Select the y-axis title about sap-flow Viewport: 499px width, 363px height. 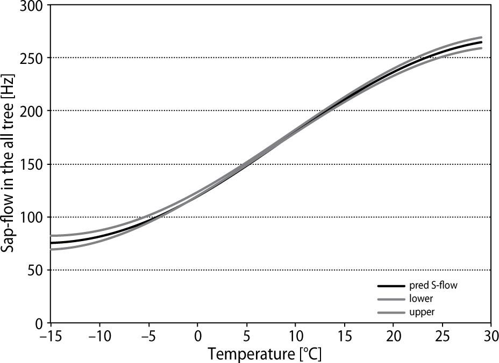coord(10,164)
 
